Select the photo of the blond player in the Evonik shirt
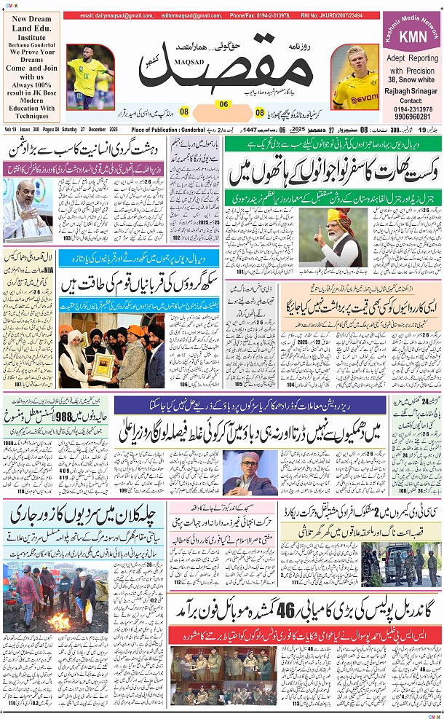354,79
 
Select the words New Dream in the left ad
31,19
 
